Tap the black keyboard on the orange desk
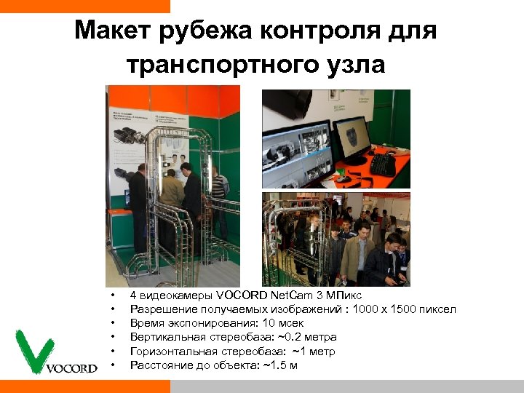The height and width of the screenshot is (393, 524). (x=384, y=164)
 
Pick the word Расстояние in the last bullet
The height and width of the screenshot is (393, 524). (x=156, y=365)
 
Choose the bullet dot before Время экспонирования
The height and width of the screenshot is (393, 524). (x=113, y=323)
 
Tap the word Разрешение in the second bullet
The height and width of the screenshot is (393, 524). (x=157, y=309)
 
